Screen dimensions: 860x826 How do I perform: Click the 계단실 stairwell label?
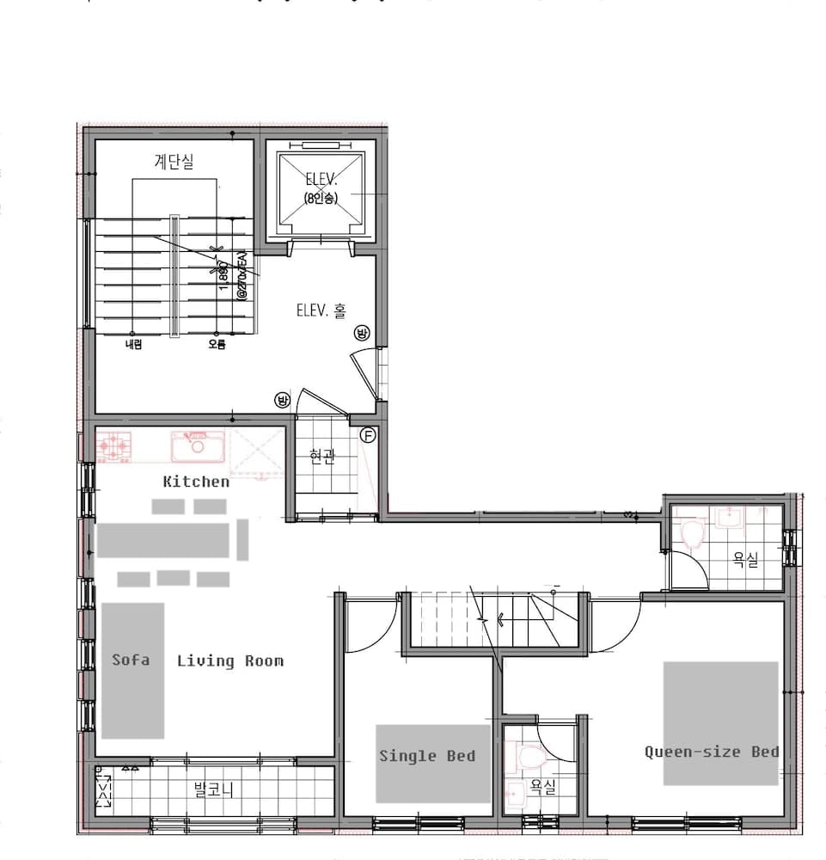(174, 161)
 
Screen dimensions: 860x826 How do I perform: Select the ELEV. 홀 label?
(322, 310)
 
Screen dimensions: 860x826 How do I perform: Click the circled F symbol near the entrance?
(368, 436)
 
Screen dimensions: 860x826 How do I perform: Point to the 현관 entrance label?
(321, 458)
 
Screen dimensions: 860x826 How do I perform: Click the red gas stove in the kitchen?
(113, 446)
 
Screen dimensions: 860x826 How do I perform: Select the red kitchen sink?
(198, 446)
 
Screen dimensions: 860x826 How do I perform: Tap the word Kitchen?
(196, 482)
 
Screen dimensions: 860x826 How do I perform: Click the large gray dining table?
(163, 540)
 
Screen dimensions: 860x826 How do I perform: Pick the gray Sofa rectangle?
(132, 671)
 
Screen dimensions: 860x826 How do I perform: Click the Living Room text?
(229, 660)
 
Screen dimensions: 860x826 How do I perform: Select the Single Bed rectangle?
(433, 763)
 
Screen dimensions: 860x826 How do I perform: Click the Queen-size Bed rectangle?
(720, 722)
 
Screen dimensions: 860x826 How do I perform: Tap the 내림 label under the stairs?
(132, 345)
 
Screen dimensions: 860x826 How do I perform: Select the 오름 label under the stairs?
(217, 345)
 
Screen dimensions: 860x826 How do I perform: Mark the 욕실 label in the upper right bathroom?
(745, 560)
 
